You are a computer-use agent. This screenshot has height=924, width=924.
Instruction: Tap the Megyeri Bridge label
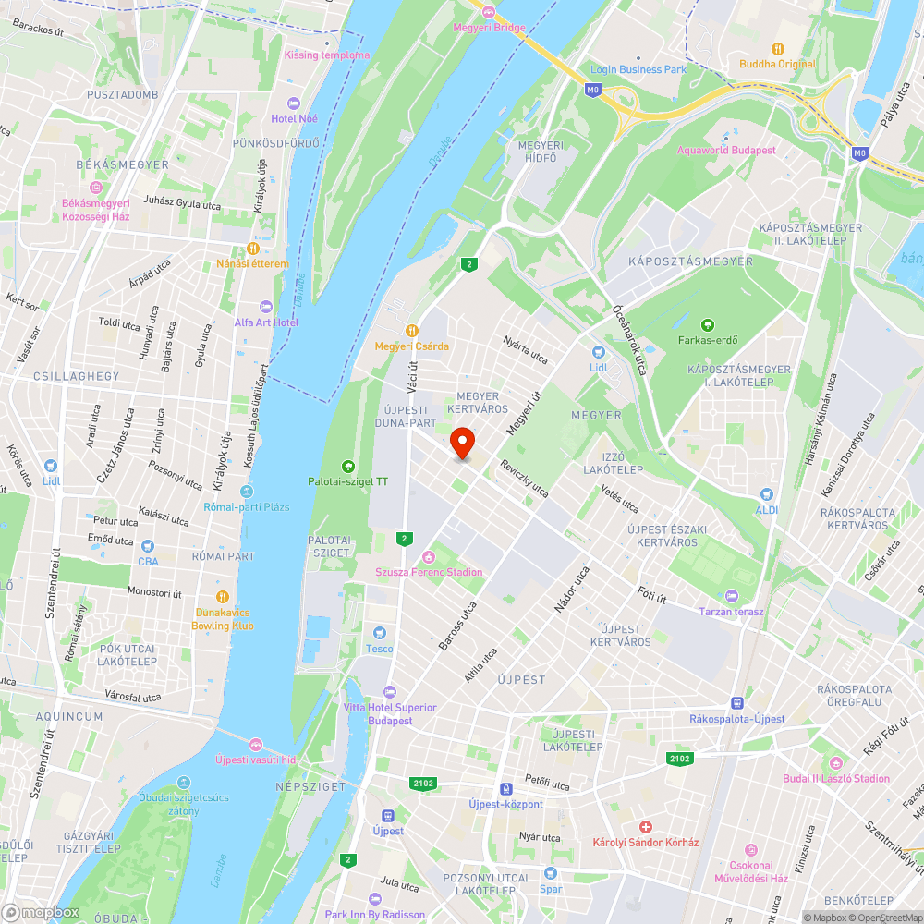tap(489, 27)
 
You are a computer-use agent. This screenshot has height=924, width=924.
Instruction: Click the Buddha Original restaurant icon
tap(777, 48)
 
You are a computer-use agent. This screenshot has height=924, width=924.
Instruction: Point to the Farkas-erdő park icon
tap(707, 324)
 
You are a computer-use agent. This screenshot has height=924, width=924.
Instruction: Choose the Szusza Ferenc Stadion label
tap(428, 572)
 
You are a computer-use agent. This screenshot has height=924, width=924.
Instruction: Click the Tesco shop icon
tap(378, 632)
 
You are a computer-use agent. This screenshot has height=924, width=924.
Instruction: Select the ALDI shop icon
tap(766, 494)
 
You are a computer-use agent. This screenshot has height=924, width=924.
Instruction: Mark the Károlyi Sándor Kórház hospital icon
tap(646, 825)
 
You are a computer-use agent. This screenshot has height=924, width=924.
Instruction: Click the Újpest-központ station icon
tap(505, 788)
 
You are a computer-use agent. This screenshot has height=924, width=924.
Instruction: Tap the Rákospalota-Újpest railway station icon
tap(736, 703)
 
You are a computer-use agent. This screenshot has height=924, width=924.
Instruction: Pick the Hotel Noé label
tap(295, 118)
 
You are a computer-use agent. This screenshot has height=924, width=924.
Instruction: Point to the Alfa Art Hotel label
tap(266, 322)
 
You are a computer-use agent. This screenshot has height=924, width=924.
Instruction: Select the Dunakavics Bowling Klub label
tap(222, 619)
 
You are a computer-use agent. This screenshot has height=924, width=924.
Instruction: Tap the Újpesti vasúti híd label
tap(255, 760)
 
